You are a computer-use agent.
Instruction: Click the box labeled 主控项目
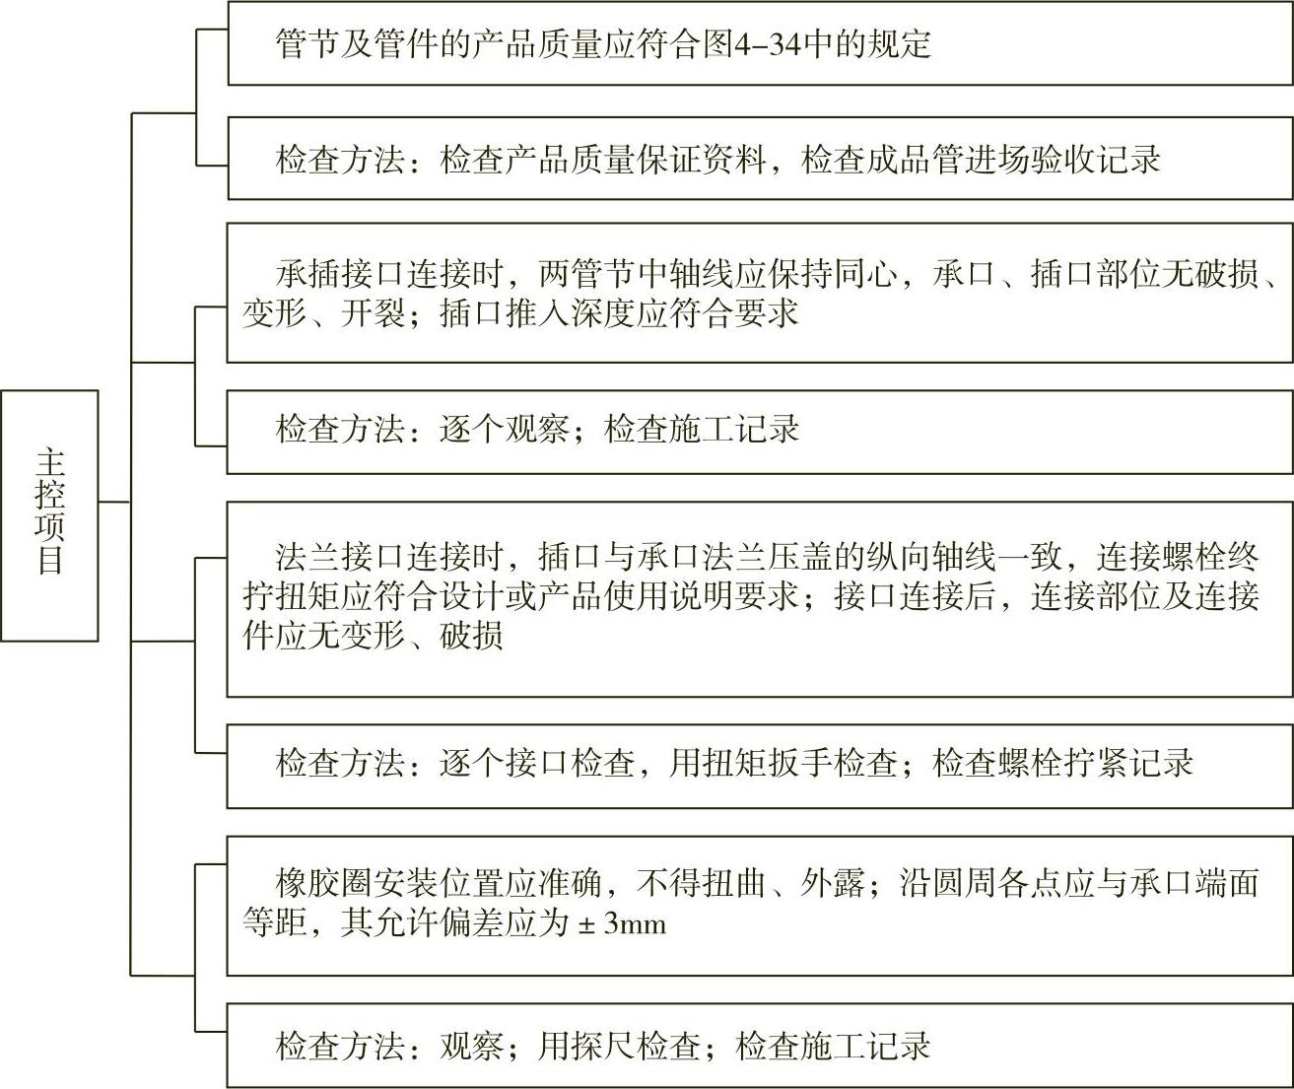click(49, 514)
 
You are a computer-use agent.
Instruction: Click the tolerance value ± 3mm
click(622, 923)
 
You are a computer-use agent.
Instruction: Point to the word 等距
click(275, 923)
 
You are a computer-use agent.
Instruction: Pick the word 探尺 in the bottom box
click(603, 1046)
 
